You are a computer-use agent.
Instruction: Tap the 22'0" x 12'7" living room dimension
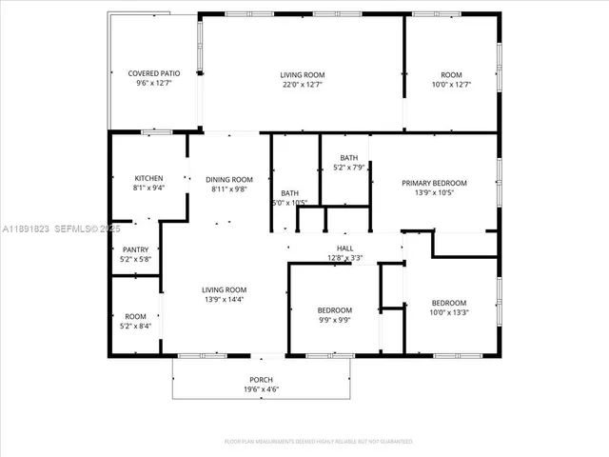click(x=303, y=85)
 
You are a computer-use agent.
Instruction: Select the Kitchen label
click(x=148, y=178)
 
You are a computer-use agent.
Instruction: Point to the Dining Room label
click(x=229, y=179)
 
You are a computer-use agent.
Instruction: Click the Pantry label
click(x=134, y=249)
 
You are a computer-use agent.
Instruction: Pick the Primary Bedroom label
click(x=434, y=183)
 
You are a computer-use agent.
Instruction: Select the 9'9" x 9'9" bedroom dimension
click(x=334, y=321)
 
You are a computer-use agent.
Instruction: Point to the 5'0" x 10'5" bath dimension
click(x=289, y=203)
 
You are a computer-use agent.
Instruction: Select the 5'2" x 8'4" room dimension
click(x=135, y=327)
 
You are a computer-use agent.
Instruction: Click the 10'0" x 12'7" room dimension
click(x=450, y=85)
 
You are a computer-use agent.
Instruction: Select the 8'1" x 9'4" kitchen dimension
click(x=148, y=188)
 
